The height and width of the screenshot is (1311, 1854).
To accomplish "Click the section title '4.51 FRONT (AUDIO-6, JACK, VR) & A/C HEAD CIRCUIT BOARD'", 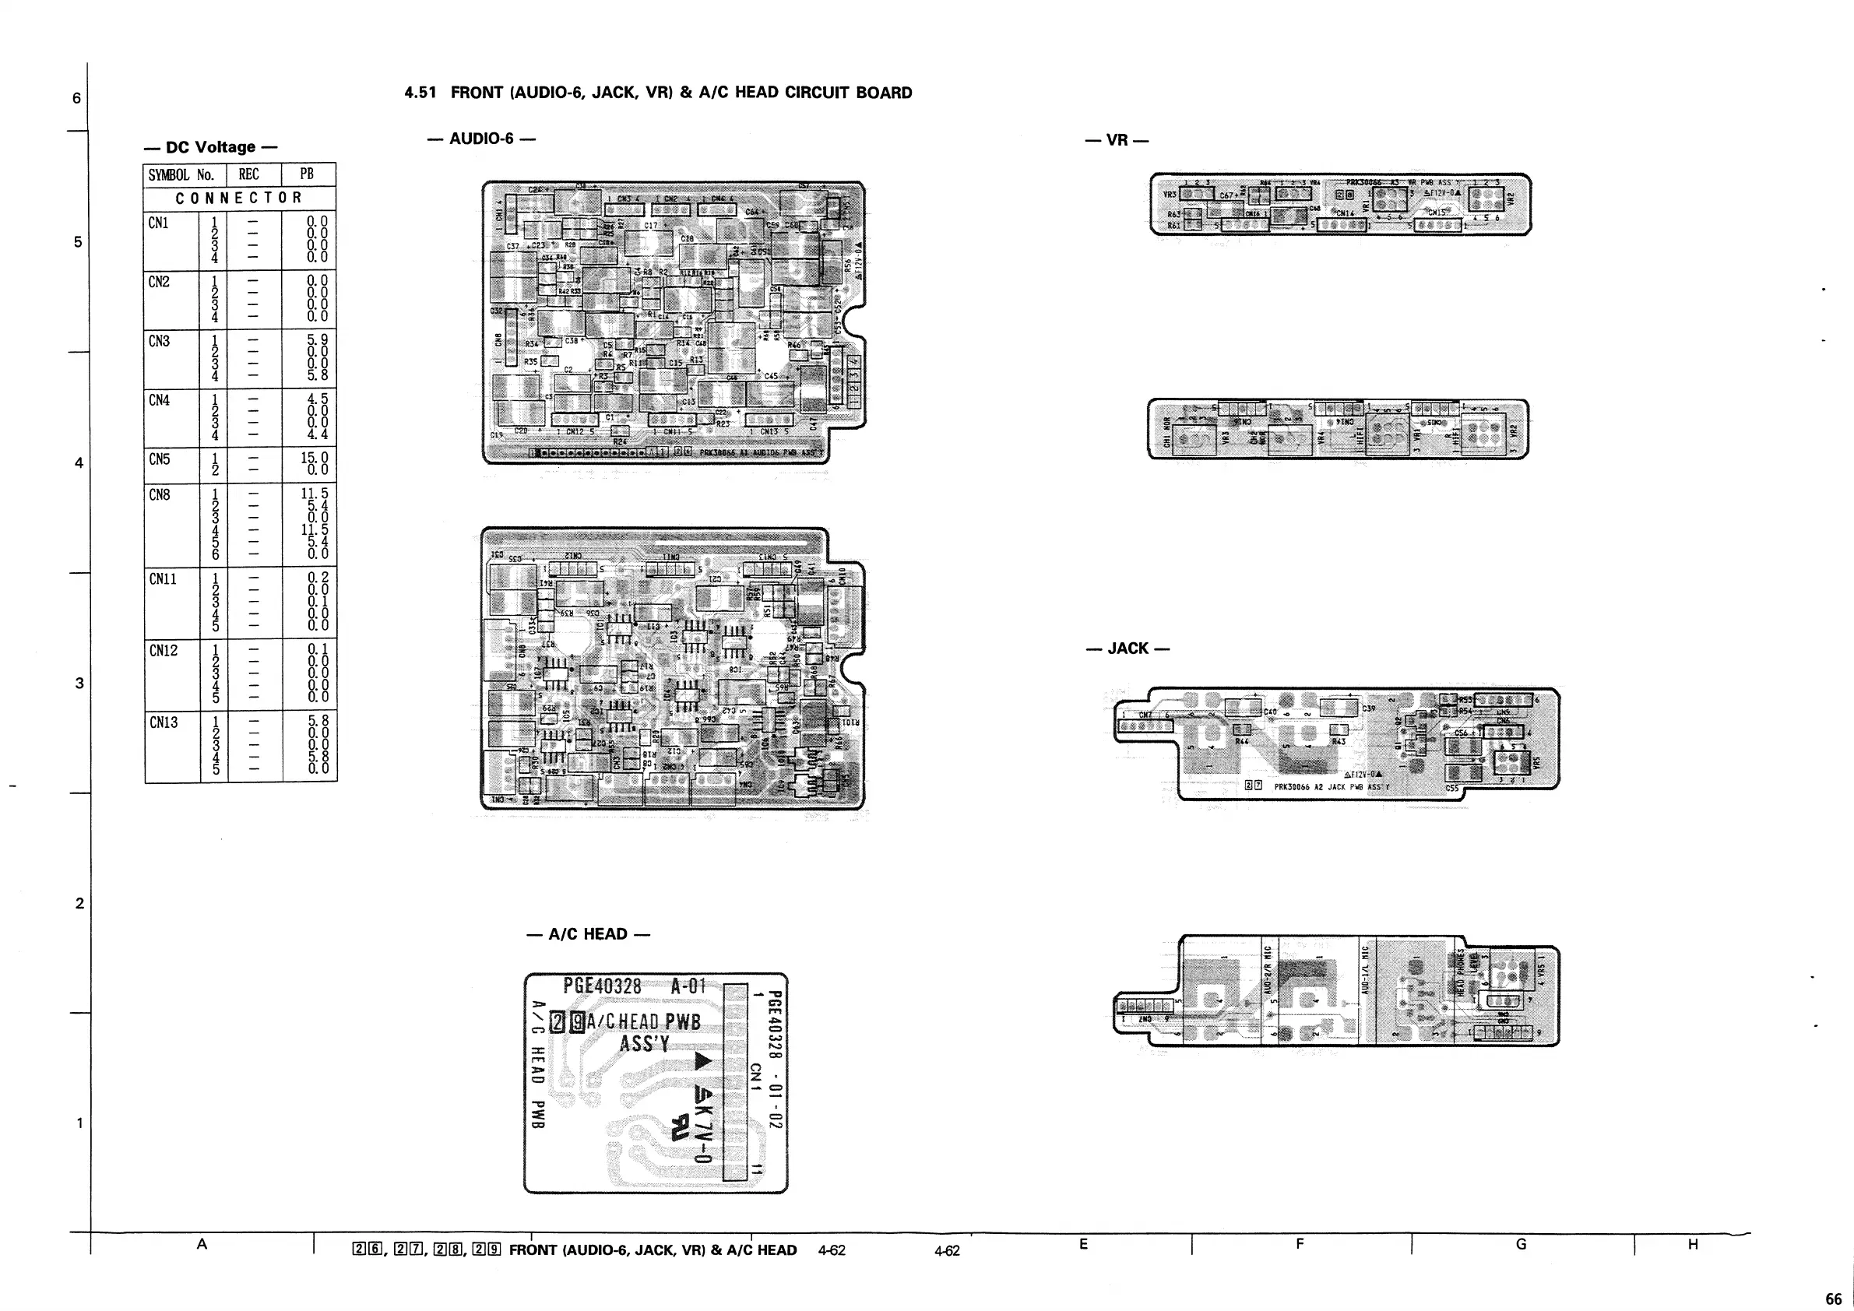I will coord(658,93).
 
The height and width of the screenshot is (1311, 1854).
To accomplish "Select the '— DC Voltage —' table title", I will coord(210,147).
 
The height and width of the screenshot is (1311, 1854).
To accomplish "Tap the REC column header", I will coord(248,174).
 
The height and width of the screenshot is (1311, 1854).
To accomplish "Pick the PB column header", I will coord(307,174).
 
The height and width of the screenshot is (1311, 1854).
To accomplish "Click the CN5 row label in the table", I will coord(159,459).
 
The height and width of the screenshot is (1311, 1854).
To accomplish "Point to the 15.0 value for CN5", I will coord(314,457).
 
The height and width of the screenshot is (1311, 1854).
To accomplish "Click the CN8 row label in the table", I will coord(159,495).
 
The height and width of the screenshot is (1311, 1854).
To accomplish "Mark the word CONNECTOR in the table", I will coord(238,198).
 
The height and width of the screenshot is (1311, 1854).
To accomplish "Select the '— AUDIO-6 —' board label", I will coord(481,139).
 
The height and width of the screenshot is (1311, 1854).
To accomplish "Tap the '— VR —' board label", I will coord(1117,140).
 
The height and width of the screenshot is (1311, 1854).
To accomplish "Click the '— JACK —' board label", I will coord(1128,649).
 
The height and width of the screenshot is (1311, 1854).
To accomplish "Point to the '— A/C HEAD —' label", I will coord(587,935).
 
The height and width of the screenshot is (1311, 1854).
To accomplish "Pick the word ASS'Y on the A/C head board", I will coord(645,1044).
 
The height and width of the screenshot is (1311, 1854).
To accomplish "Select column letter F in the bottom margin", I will coord(1300,1244).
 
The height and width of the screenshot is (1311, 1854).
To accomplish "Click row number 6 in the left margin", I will coord(77,99).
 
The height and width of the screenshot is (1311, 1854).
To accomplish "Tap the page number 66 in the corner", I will coord(1833,1299).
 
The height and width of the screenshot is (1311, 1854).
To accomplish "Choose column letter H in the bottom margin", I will coord(1693,1244).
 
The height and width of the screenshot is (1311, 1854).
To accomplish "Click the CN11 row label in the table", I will coord(163,578).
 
